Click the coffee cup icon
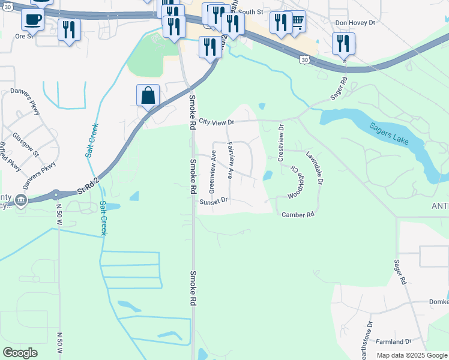32,19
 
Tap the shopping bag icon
148,95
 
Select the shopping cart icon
295,22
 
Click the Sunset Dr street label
214,202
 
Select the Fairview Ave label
231,161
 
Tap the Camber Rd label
298,214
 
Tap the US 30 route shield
306,60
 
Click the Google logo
20,353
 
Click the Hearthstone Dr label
366,338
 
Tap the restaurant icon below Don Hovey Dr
343,43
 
